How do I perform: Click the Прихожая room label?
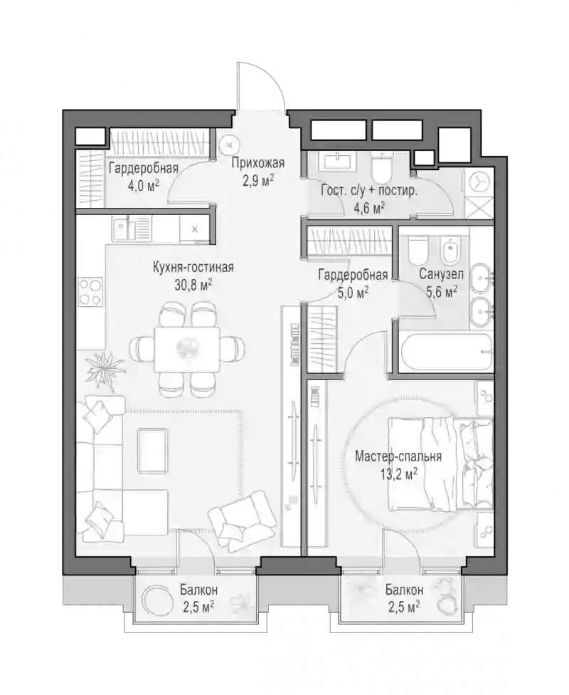[x=257, y=163]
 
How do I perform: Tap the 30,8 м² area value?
[x=193, y=284]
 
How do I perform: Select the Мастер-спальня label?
[x=398, y=456]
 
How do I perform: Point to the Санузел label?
[x=442, y=274]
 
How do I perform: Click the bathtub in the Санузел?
[x=446, y=352]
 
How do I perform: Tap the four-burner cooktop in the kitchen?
[x=91, y=292]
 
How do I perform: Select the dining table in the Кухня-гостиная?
[x=187, y=350]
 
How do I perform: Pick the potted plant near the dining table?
[x=105, y=369]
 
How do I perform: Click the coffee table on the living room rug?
[x=152, y=450]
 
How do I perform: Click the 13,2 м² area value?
[x=399, y=475]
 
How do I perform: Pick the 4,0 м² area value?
[x=144, y=185]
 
